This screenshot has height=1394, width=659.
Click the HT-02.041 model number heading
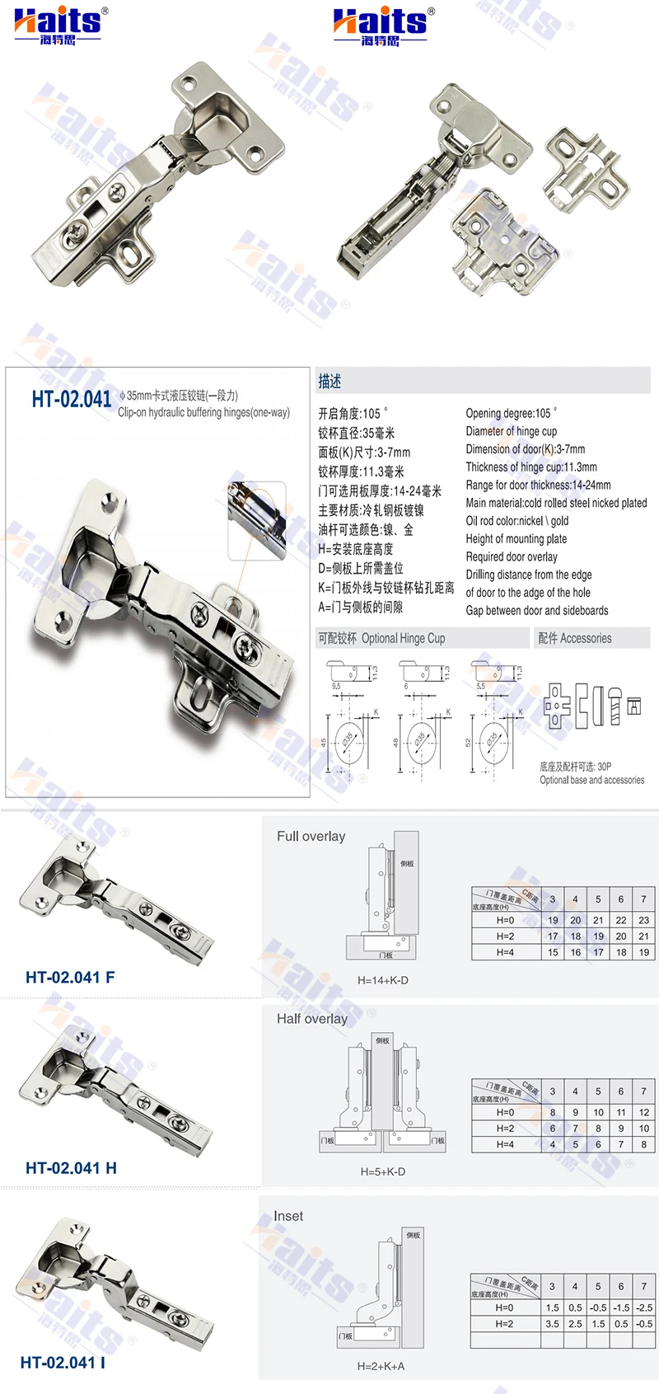pyautogui.click(x=71, y=399)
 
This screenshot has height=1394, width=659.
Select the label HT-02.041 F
pyautogui.click(x=70, y=977)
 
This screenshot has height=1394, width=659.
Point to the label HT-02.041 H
pyautogui.click(x=71, y=1167)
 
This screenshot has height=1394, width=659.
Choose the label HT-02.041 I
pyautogui.click(x=63, y=1362)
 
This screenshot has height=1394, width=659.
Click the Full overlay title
pyautogui.click(x=311, y=836)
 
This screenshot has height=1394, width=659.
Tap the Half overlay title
pyautogui.click(x=311, y=1018)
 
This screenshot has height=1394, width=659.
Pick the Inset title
pyautogui.click(x=287, y=1215)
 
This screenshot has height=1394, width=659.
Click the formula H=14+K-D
pyautogui.click(x=382, y=980)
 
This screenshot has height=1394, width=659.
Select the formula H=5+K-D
pyautogui.click(x=382, y=1171)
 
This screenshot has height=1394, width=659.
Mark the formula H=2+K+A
pyautogui.click(x=381, y=1365)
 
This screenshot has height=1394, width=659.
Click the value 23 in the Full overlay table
pyautogui.click(x=643, y=920)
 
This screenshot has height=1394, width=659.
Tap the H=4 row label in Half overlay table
pyautogui.click(x=505, y=1144)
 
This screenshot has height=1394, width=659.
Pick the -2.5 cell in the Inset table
pyautogui.click(x=643, y=1307)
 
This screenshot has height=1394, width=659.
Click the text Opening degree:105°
pyautogui.click(x=511, y=413)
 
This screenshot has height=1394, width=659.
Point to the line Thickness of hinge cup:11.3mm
pyautogui.click(x=531, y=467)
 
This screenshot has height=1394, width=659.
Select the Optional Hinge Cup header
pyautogui.click(x=381, y=638)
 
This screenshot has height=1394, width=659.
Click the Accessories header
pyautogui.click(x=574, y=638)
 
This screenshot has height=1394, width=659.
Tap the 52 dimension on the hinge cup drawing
pyautogui.click(x=468, y=742)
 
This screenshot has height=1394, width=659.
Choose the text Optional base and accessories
pyautogui.click(x=591, y=780)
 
